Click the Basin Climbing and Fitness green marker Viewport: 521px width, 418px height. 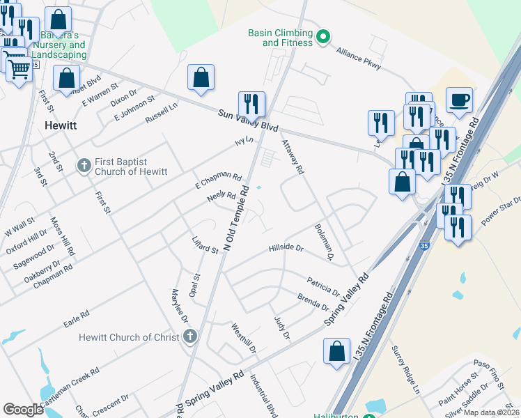tap(322, 37)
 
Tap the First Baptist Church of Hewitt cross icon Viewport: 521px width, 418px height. tap(83, 166)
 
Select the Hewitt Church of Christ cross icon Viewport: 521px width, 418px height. tap(190, 337)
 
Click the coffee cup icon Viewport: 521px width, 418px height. tap(460, 100)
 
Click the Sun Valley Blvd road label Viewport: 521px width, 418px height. tap(247, 121)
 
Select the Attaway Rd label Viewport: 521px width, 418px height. tap(293, 157)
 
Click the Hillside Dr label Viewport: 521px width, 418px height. tap(286, 248)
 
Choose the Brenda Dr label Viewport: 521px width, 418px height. tap(313, 303)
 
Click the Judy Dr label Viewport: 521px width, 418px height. tap(281, 326)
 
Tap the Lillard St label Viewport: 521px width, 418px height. tap(205, 245)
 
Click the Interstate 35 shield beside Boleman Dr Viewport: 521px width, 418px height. tap(424, 246)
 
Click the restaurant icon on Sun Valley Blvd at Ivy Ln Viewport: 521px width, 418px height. tap(251, 104)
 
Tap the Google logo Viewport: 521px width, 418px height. tap(23, 410)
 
